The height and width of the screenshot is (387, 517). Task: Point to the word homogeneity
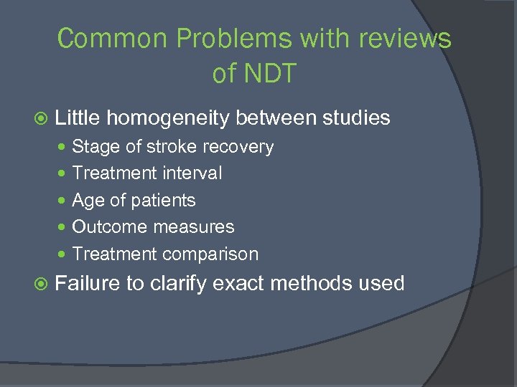pos(173,118)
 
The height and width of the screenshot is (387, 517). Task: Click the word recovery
pos(241,147)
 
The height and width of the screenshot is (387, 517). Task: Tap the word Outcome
pos(105,227)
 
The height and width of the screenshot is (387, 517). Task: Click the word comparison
pos(210,254)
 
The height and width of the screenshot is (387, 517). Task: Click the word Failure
pos(87,283)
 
